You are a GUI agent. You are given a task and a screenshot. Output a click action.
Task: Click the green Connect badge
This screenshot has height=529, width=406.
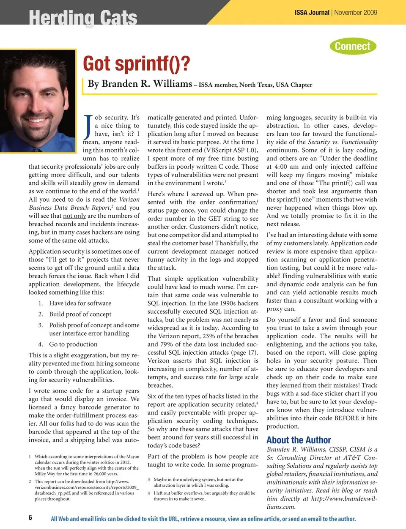click(x=353, y=46)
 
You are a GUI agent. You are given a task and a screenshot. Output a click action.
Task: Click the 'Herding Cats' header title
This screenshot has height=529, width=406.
click(x=83, y=18)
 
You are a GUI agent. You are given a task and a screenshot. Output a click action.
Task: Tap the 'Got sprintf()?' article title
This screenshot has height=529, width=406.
click(x=136, y=64)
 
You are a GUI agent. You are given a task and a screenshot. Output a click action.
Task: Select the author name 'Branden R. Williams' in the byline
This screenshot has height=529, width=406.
click(x=140, y=84)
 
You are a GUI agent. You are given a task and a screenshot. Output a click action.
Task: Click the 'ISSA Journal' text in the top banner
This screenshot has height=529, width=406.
click(x=312, y=13)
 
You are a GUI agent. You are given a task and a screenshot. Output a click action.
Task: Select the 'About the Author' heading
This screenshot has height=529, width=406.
click(x=299, y=440)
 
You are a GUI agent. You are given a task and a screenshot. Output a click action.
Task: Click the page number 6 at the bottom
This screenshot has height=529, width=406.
click(x=30, y=518)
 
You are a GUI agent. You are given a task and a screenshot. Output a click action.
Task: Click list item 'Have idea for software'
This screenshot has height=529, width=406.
click(x=80, y=303)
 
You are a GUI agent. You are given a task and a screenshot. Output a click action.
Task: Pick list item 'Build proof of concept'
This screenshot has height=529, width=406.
click(x=80, y=314)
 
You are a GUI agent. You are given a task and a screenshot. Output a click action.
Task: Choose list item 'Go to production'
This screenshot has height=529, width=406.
click(x=73, y=344)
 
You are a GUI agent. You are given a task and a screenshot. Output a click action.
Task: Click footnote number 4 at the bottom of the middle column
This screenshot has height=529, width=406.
click(x=149, y=493)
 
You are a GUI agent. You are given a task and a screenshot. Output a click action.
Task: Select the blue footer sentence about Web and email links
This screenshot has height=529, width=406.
click(x=203, y=519)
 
